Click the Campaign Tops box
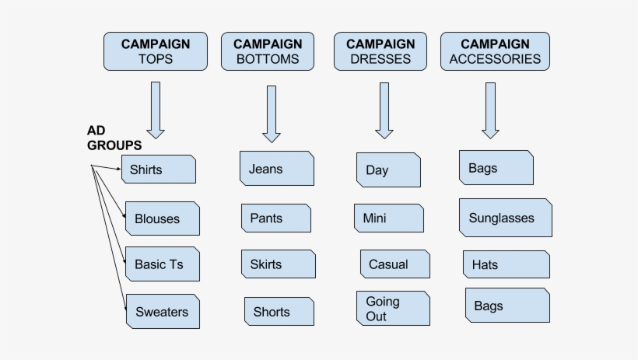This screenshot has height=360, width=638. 156,51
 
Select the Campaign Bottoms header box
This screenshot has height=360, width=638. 268,51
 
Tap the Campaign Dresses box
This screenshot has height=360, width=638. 380,51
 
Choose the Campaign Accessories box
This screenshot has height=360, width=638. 495,51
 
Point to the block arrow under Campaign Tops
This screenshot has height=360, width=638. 156,110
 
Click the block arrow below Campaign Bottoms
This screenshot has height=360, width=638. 271,114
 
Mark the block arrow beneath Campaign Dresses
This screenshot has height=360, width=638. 384,110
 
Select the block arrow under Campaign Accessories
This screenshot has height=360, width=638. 490,110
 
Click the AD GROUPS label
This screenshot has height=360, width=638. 114,138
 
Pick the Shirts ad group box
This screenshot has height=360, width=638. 159,170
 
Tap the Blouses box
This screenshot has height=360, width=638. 162,218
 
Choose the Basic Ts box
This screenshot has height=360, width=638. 162,264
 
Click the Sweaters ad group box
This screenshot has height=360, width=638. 163,312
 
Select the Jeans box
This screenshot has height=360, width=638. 276,169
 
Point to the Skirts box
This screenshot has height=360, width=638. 278,264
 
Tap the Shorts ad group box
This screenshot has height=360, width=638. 279,312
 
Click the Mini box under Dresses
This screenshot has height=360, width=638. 388,218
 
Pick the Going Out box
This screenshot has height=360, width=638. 393,309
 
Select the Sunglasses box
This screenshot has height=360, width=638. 505,218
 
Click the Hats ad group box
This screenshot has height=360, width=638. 506,264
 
